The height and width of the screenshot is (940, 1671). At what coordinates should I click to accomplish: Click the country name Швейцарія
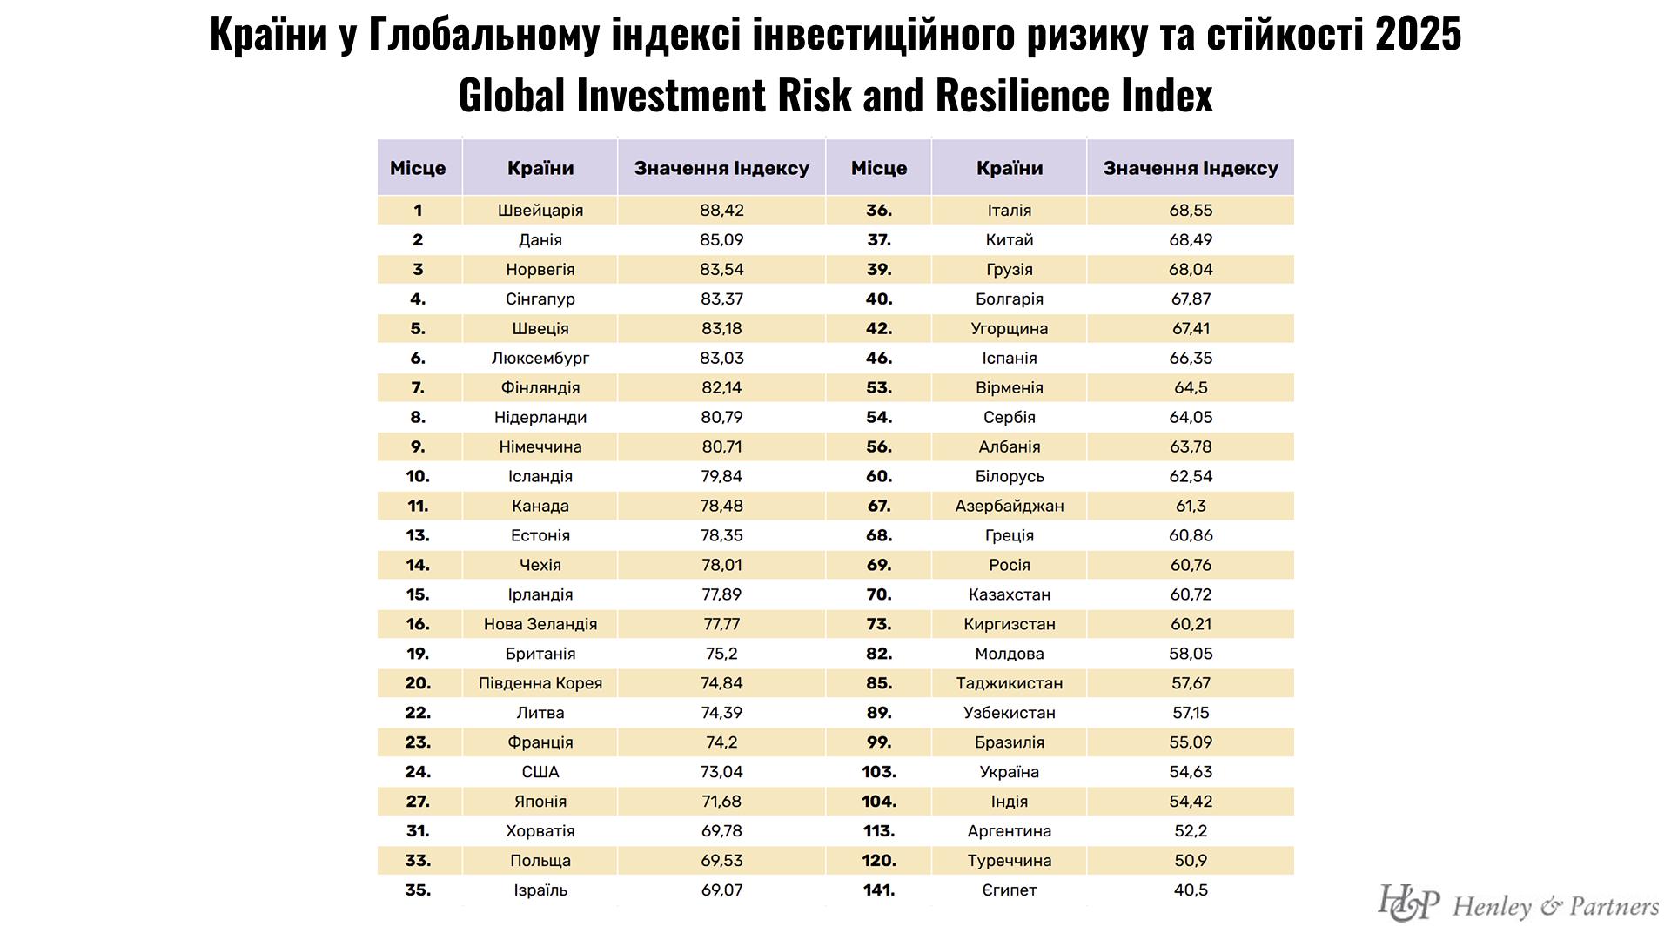pos(540,211)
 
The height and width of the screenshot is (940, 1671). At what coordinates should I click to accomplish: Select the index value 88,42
pos(721,211)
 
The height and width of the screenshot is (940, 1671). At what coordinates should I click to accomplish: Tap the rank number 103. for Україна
pos(878,772)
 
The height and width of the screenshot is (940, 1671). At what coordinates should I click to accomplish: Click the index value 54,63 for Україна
pos(1190,772)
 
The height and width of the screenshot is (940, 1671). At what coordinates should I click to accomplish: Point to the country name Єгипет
pos(1009,890)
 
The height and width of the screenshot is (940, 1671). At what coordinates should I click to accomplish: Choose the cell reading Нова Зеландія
pos(540,624)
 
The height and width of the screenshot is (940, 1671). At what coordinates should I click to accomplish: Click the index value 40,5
pos(1190,890)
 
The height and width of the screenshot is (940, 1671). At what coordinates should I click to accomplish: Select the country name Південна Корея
pos(540,683)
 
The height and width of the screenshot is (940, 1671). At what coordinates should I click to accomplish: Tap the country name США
pos(540,772)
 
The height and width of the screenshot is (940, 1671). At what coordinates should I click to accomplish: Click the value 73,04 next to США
pos(721,772)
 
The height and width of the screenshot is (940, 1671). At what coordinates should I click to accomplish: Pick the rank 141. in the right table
pos(878,890)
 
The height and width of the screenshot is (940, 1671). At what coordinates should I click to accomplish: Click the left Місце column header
pos(418,168)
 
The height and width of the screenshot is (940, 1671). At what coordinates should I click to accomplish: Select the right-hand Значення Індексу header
pos(1190,168)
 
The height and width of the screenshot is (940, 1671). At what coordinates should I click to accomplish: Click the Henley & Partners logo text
pos(1555,907)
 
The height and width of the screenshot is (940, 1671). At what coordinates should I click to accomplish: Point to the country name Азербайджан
pos(1009,506)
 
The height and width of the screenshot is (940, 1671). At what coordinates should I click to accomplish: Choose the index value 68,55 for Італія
pos(1190,211)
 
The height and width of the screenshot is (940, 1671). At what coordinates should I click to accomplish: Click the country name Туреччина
pos(1009,861)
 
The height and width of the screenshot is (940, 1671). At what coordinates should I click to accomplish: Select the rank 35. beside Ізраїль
pos(418,890)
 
